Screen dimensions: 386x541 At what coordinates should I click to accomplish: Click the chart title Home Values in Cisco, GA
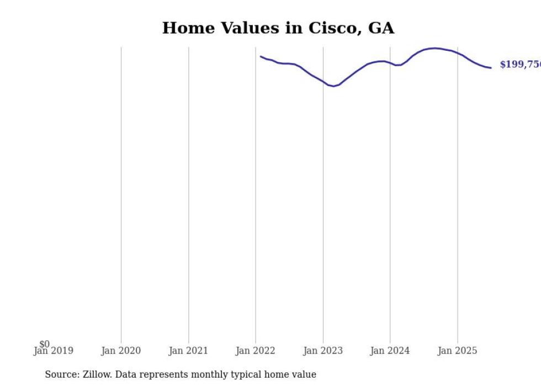[278, 28]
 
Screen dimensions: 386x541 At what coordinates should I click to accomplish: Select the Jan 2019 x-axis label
[53, 351]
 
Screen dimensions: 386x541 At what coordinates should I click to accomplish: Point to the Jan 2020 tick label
[121, 351]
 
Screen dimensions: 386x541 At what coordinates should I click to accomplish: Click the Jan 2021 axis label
[188, 351]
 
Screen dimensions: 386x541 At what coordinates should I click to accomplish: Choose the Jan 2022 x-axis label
[256, 351]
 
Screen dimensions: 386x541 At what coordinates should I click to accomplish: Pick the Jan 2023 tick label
[323, 351]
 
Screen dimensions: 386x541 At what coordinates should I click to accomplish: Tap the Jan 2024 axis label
[390, 351]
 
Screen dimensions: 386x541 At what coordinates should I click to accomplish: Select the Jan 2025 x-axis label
[457, 351]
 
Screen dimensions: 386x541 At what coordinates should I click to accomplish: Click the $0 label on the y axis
[44, 344]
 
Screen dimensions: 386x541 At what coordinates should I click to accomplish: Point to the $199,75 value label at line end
[519, 65]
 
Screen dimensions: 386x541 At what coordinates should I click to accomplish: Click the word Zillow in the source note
[97, 374]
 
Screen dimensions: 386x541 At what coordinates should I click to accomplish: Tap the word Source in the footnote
[61, 374]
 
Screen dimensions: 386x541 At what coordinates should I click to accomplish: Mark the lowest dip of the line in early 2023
[333, 86]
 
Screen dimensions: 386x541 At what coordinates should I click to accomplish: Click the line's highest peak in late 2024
[436, 48]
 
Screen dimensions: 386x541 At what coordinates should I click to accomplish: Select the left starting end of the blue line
[261, 56]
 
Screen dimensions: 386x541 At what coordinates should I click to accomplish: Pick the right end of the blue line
[491, 68]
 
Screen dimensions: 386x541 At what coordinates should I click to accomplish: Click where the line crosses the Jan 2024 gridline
[390, 63]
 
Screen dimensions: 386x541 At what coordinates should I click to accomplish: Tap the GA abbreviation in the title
[381, 28]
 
